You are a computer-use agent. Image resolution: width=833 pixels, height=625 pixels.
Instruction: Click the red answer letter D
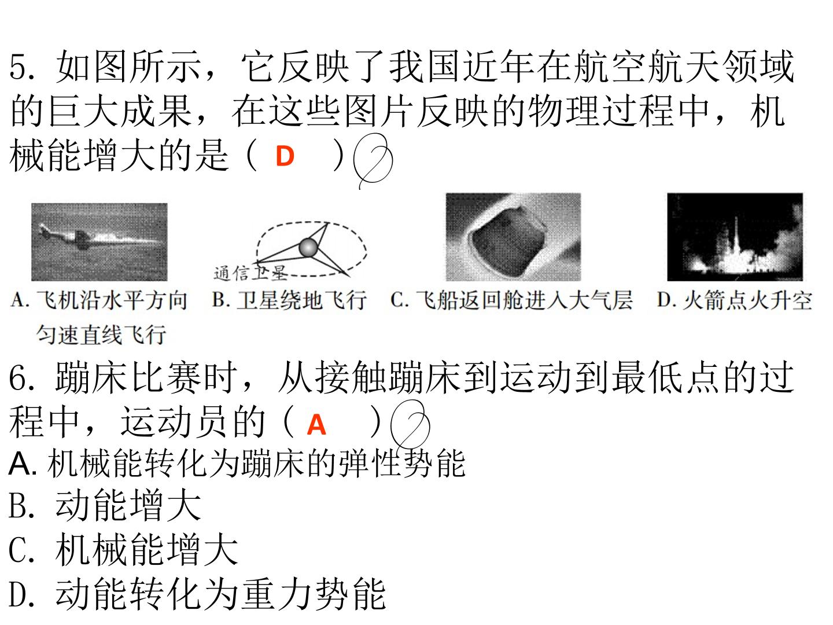(285, 156)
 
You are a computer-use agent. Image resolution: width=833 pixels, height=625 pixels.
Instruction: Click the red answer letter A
(316, 424)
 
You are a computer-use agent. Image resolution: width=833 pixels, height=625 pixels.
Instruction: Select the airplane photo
(99, 242)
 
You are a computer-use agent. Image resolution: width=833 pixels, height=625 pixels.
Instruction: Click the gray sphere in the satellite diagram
(308, 248)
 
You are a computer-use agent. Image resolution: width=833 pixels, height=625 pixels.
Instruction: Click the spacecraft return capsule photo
(513, 237)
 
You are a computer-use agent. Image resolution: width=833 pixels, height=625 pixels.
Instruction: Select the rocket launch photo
(735, 237)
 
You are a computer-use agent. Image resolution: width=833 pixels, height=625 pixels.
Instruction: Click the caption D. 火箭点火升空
(734, 300)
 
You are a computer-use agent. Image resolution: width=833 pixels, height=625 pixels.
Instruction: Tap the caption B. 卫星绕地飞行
(289, 300)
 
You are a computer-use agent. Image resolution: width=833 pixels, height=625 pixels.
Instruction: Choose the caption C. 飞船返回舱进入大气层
(511, 300)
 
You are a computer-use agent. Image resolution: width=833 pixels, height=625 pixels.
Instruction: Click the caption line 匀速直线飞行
(101, 335)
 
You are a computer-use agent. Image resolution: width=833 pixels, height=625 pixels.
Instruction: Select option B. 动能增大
(105, 505)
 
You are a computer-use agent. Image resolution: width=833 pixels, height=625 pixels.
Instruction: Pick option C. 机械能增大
(123, 549)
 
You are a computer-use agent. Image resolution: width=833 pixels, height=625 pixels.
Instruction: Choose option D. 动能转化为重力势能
(197, 594)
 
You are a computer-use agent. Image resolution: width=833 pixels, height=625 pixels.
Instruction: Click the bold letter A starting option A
(21, 464)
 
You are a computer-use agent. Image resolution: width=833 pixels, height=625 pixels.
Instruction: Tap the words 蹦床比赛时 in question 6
(146, 378)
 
